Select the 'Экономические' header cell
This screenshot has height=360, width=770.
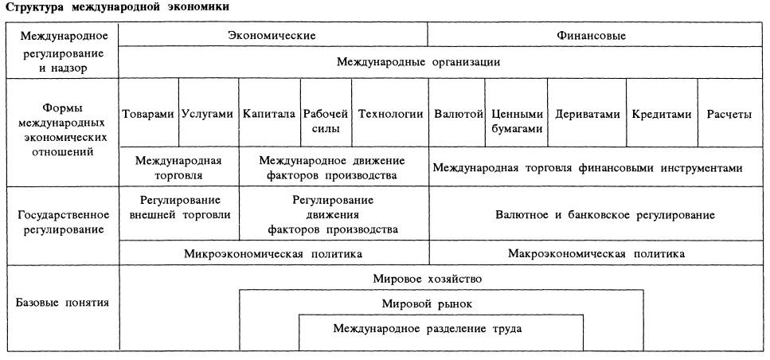[x=272, y=36]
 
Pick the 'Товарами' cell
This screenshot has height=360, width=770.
[x=148, y=114]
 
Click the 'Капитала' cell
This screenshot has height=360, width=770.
[x=269, y=114]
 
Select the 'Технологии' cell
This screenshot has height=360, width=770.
[x=390, y=114]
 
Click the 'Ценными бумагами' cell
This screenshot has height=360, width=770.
[x=518, y=120]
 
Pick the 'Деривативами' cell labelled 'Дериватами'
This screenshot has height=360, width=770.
[x=587, y=114]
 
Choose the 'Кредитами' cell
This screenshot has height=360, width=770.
[x=662, y=114]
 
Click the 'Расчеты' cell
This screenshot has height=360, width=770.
[x=729, y=114]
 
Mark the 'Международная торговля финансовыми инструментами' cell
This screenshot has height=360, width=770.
[x=588, y=168]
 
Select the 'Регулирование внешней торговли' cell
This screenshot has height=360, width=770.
[x=179, y=207]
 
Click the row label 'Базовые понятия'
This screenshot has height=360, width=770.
[x=62, y=303]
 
